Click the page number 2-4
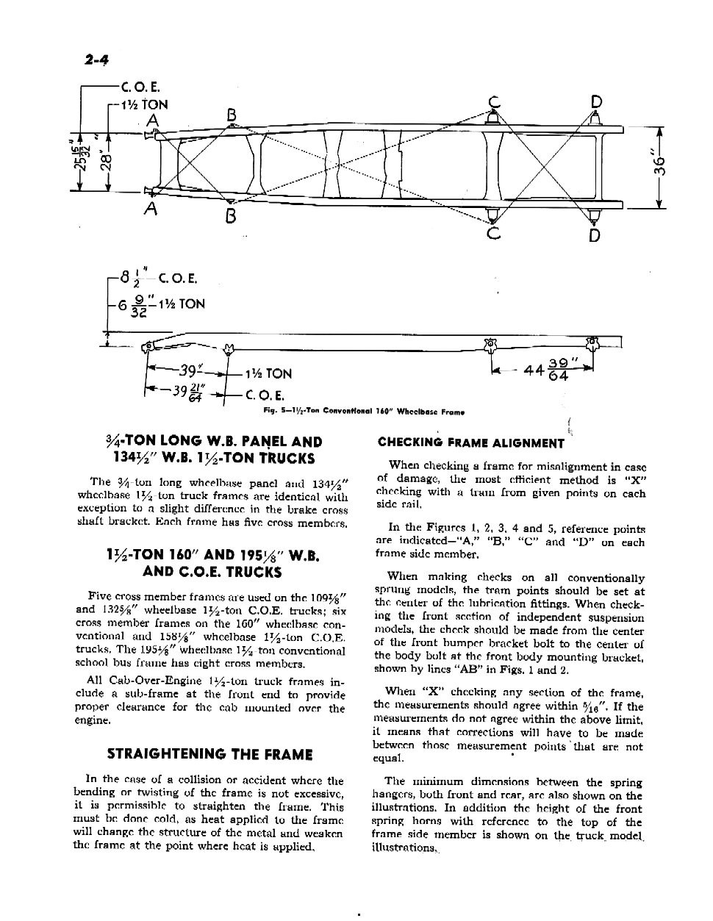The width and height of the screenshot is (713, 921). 92,58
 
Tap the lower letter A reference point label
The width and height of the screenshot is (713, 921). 151,209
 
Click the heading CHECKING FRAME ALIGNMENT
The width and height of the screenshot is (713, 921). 470,442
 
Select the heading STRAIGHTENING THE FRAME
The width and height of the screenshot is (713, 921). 209,754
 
